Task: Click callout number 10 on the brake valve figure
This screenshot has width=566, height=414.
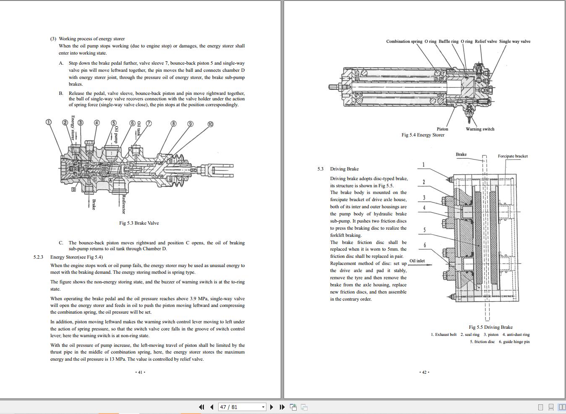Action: tap(210, 124)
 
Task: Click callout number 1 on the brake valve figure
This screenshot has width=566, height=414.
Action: tap(48, 122)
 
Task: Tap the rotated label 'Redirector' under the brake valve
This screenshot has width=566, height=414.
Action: tap(124, 204)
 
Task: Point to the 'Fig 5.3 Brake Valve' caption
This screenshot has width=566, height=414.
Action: tap(139, 223)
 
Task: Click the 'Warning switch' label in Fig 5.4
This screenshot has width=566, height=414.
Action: tap(480, 129)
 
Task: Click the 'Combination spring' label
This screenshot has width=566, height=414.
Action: tap(404, 41)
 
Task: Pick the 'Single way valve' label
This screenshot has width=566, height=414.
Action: tap(514, 41)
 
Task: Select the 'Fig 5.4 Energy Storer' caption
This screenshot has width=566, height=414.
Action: tap(423, 135)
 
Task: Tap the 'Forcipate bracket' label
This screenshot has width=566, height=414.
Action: tap(512, 156)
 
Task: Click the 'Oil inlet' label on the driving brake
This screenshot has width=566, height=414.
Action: tap(417, 261)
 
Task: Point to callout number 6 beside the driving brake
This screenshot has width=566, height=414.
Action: tap(425, 245)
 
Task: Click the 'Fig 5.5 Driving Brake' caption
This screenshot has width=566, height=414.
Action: tap(490, 327)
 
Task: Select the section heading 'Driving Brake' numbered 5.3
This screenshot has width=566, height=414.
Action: tap(344, 169)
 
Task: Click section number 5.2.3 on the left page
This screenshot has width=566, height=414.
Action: tap(38, 257)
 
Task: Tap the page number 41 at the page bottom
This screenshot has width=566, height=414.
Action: tap(140, 372)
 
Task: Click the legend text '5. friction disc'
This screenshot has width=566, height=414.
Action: tap(482, 342)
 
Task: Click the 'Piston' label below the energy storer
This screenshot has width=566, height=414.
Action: tap(442, 129)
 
